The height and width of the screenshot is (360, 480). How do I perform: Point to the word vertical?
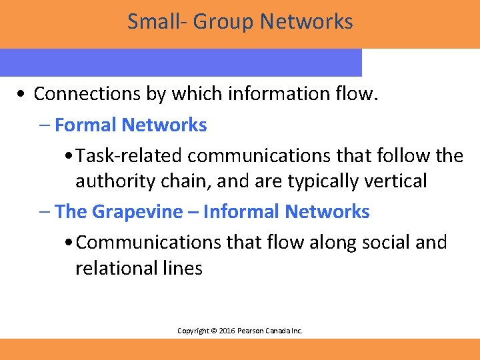397,181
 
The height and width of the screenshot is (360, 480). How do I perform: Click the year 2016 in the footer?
221,331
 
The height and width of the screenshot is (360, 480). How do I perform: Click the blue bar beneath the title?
180,62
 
